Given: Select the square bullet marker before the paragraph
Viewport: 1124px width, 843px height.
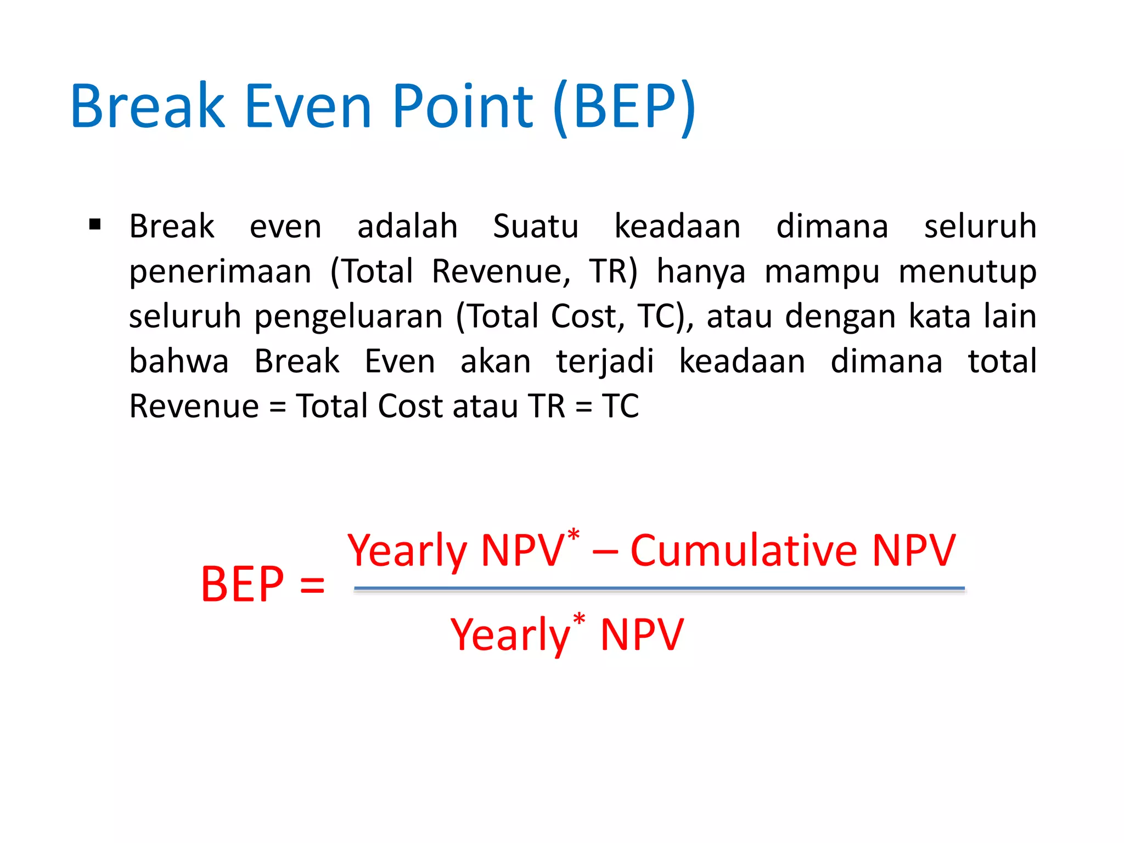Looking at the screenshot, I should tap(95, 224).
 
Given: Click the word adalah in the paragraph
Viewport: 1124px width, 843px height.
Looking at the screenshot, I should tap(407, 226).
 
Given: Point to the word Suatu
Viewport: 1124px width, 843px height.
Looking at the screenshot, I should tap(536, 226).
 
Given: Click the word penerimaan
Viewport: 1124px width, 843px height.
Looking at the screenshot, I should tap(220, 272).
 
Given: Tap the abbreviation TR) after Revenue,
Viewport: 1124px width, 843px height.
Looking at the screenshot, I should tap(613, 271).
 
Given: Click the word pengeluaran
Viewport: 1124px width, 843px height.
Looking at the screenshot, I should tap(349, 317).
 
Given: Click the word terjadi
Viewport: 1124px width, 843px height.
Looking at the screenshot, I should tap(605, 362).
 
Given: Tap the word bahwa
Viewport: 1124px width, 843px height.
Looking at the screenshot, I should tap(179, 362).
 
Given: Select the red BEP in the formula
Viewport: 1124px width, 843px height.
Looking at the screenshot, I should tap(243, 584).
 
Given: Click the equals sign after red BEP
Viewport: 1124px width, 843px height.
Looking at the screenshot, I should tap(312, 585).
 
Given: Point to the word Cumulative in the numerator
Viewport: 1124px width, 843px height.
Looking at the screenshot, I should tap(744, 550).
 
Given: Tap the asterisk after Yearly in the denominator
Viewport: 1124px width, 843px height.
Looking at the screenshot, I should tap(579, 619).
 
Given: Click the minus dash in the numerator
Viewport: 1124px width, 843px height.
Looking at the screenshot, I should tap(605, 552).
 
